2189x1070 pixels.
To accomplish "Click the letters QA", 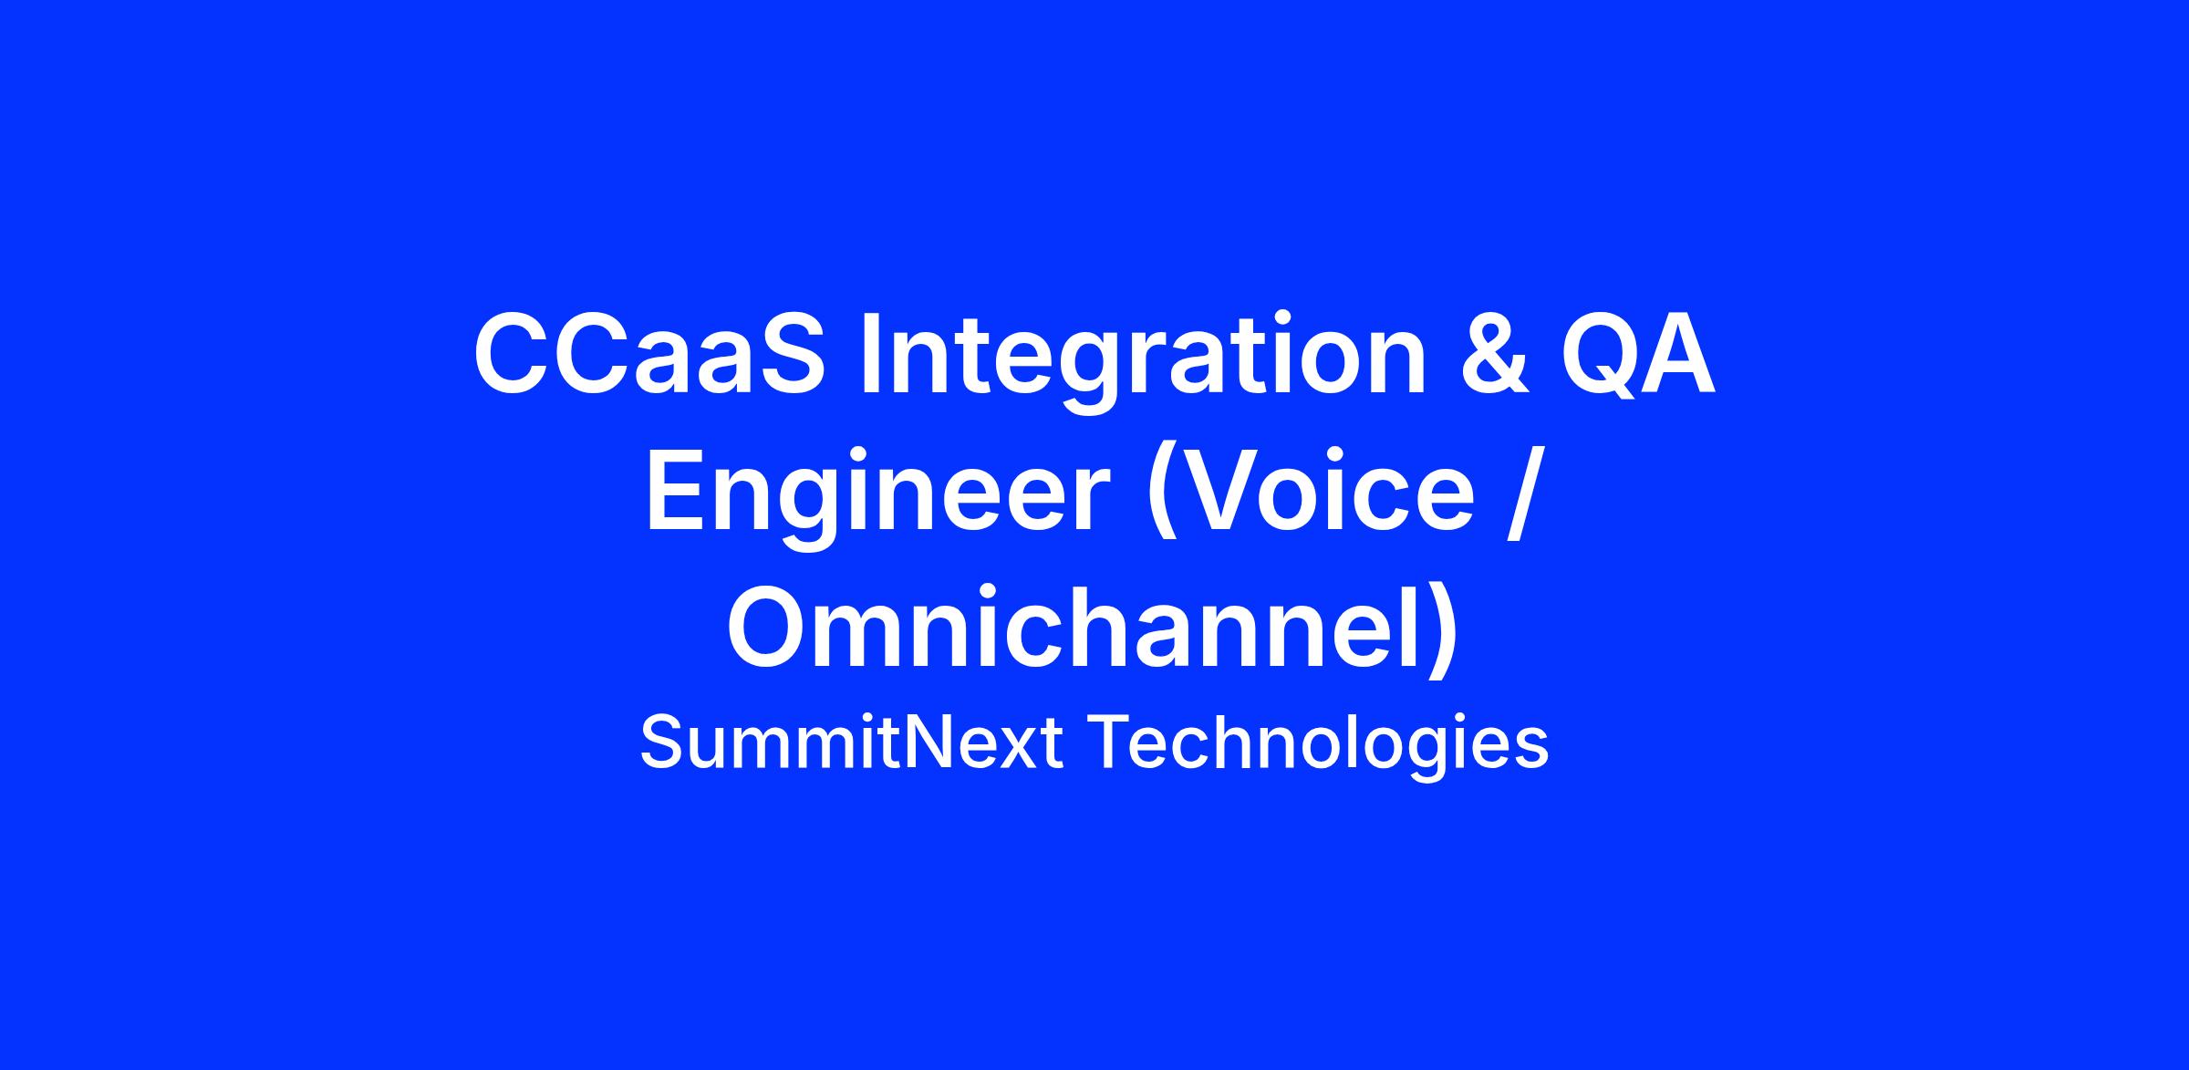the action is click(1637, 355).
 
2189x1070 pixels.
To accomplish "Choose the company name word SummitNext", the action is click(852, 743).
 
